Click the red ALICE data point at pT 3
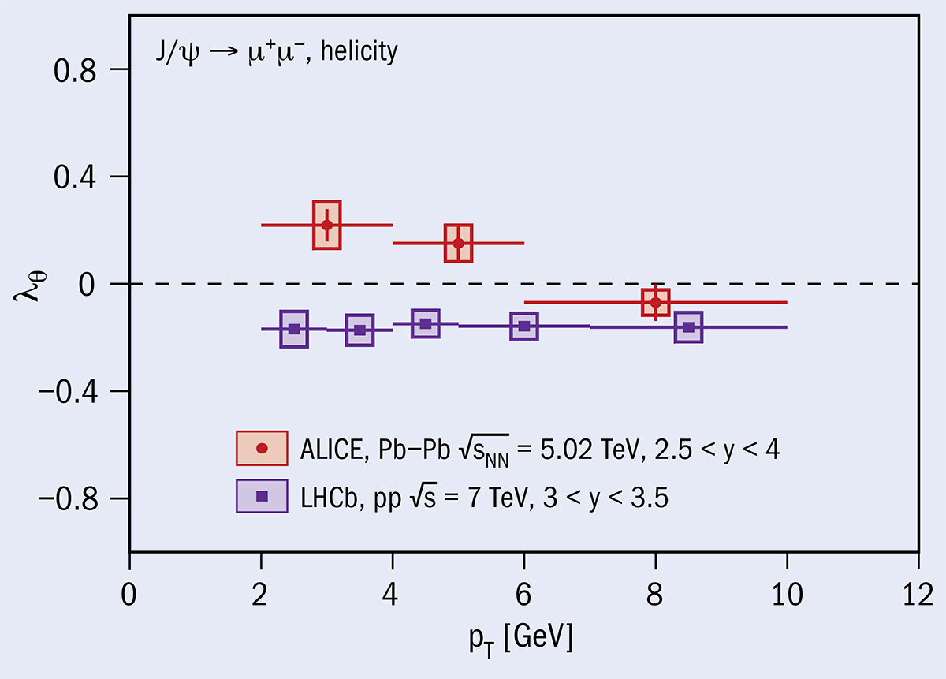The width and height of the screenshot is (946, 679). click(326, 225)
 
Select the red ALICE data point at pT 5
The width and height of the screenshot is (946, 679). click(458, 243)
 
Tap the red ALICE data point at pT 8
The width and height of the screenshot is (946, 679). click(655, 302)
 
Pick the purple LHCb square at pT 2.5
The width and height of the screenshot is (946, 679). click(294, 329)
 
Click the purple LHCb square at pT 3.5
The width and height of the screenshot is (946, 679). click(359, 330)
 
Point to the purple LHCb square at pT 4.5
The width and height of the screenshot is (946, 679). click(426, 323)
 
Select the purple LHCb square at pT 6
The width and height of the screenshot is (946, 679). click(524, 326)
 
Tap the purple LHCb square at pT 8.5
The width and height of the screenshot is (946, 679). click(688, 327)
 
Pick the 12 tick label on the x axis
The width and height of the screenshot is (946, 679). click(918, 591)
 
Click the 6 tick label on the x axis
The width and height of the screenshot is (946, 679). click(524, 591)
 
